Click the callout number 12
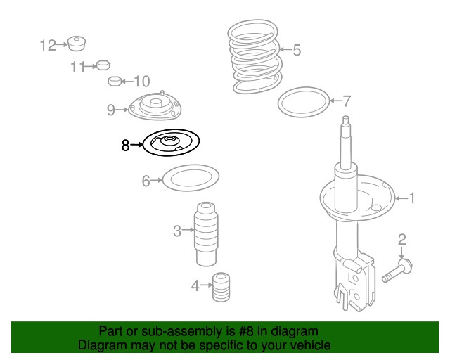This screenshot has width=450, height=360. click(48, 46)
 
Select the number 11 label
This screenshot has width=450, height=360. click(77, 67)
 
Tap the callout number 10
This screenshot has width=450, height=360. click(141, 81)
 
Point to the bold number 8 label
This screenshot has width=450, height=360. click(125, 146)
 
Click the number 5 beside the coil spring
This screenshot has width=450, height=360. click(296, 50)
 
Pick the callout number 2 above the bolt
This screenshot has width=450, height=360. click(401, 240)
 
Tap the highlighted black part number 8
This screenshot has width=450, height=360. click(171, 144)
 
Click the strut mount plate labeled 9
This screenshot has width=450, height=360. click(154, 108)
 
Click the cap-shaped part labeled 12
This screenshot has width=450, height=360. click(77, 43)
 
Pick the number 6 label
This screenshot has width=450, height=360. click(146, 181)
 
